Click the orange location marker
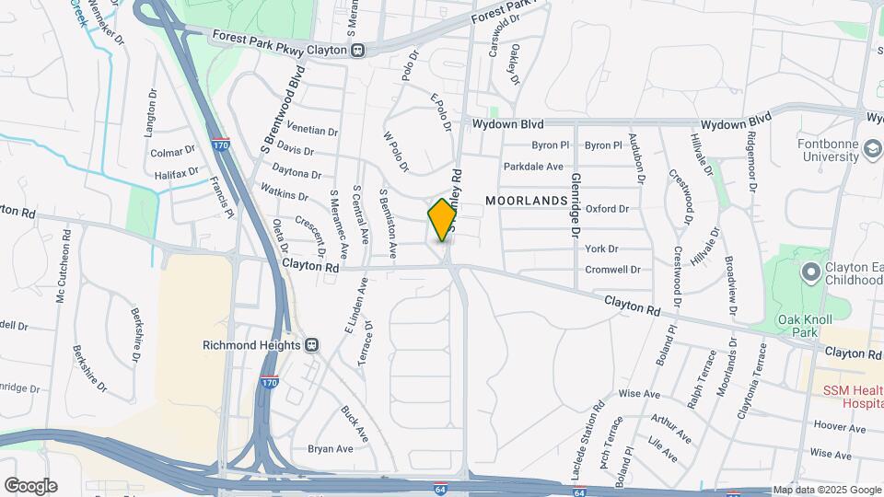442,219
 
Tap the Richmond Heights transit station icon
312,345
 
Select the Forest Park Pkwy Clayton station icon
358,51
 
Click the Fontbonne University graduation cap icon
871,149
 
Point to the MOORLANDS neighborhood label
525,200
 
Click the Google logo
30,485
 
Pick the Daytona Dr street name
297,173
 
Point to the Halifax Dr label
177,172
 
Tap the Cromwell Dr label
612,270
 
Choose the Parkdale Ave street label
533,167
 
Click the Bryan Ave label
331,449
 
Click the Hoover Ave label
839,428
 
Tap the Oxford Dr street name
607,209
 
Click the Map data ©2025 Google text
827,490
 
